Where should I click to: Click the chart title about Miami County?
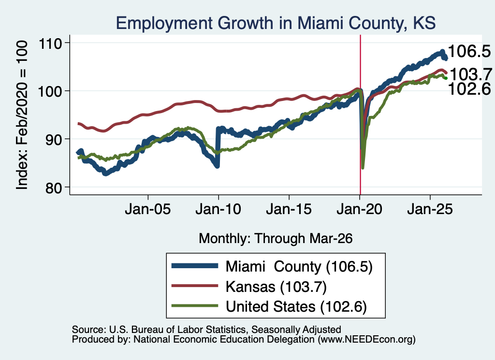click(x=276, y=23)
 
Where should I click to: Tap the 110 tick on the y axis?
click(x=50, y=43)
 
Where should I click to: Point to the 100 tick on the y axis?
click(x=50, y=91)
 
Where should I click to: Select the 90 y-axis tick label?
click(x=53, y=139)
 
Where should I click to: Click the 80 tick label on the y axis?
click(x=53, y=187)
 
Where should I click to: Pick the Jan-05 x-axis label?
click(x=148, y=209)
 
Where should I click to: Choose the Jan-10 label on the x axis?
click(x=218, y=209)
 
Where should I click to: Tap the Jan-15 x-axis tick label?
click(x=289, y=209)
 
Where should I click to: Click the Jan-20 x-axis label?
click(x=360, y=209)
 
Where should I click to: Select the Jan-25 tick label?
click(x=430, y=209)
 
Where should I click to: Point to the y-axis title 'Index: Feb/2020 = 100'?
click(x=22, y=115)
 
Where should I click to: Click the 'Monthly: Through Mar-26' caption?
click(x=276, y=239)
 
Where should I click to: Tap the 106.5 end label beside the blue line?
click(x=469, y=51)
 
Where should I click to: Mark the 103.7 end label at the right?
click(x=471, y=74)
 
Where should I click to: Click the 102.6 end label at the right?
click(x=469, y=88)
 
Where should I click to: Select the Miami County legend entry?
click(x=272, y=267)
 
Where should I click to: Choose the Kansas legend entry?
click(x=249, y=287)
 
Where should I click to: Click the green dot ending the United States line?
click(x=446, y=78)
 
